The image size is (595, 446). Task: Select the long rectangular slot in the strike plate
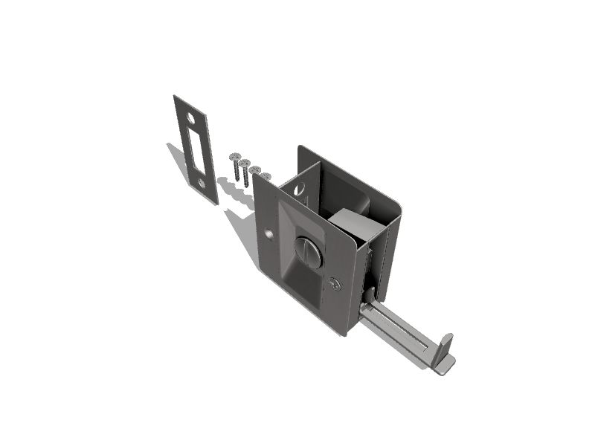coord(196,148)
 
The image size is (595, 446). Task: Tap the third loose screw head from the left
coord(254,169)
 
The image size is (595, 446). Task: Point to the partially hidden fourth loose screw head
coord(266,175)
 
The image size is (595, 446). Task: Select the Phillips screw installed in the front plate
coord(336,283)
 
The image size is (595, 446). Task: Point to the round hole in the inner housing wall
coord(299,189)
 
